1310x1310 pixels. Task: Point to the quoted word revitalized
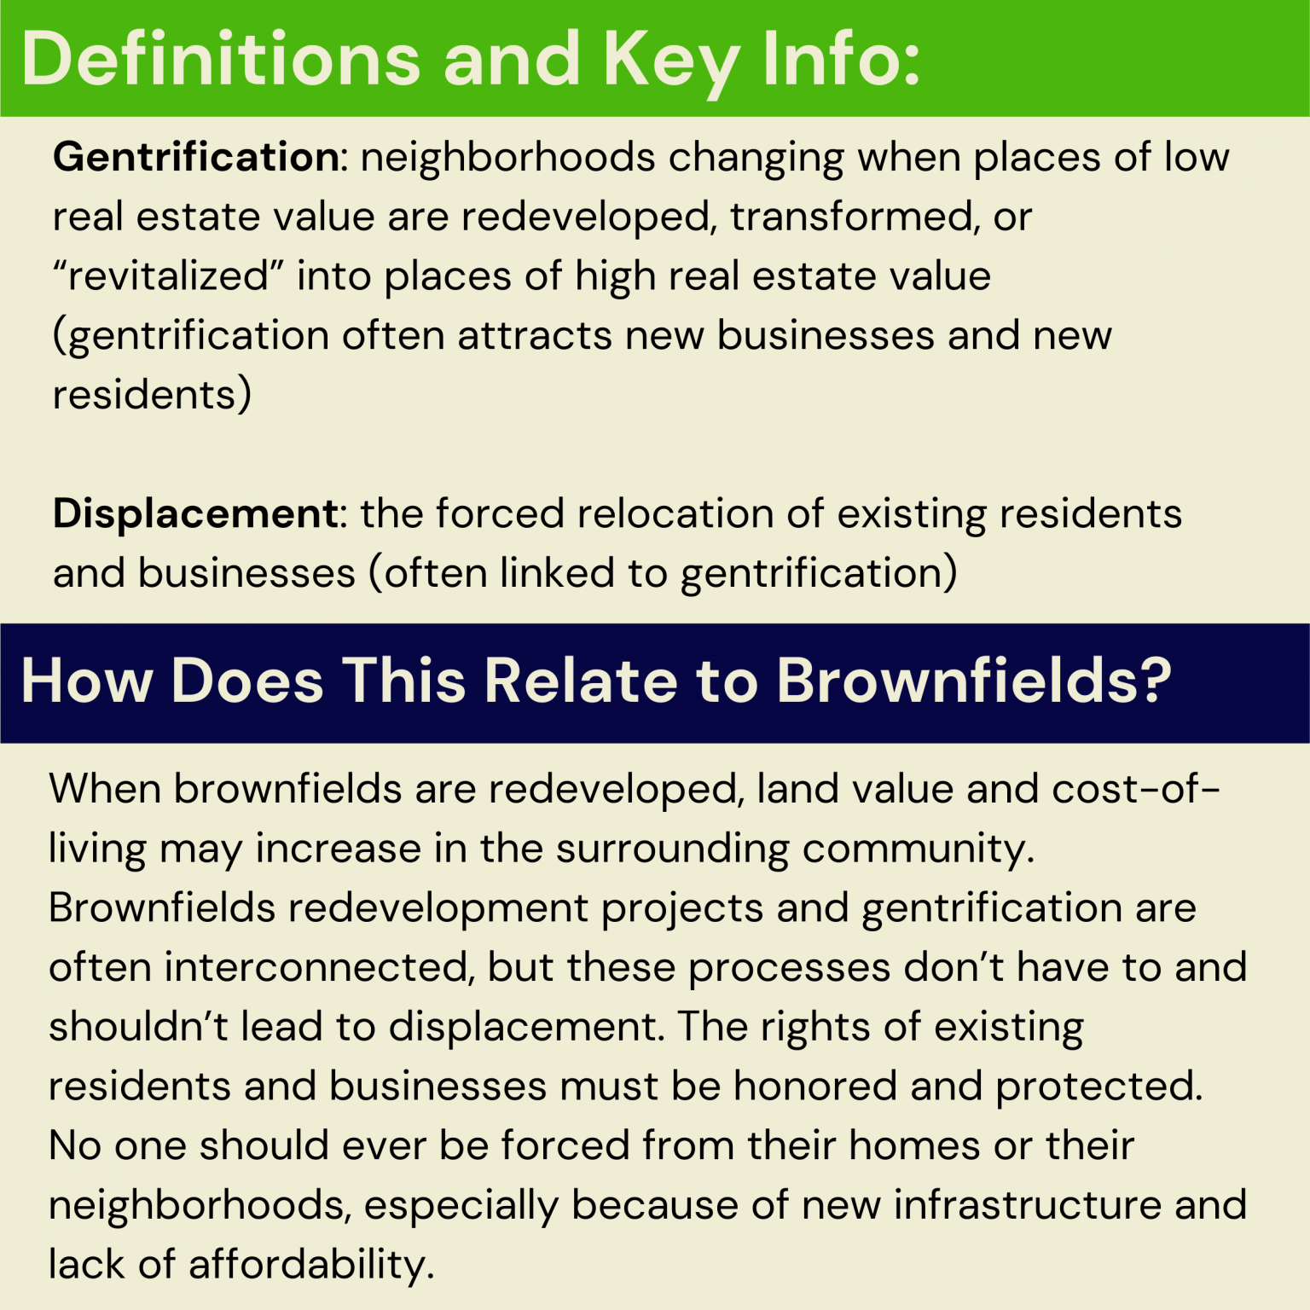[168, 276]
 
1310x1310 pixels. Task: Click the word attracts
[535, 335]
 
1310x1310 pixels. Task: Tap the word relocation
[675, 513]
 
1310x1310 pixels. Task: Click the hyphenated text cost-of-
[1135, 789]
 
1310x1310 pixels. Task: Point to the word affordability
[311, 1264]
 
